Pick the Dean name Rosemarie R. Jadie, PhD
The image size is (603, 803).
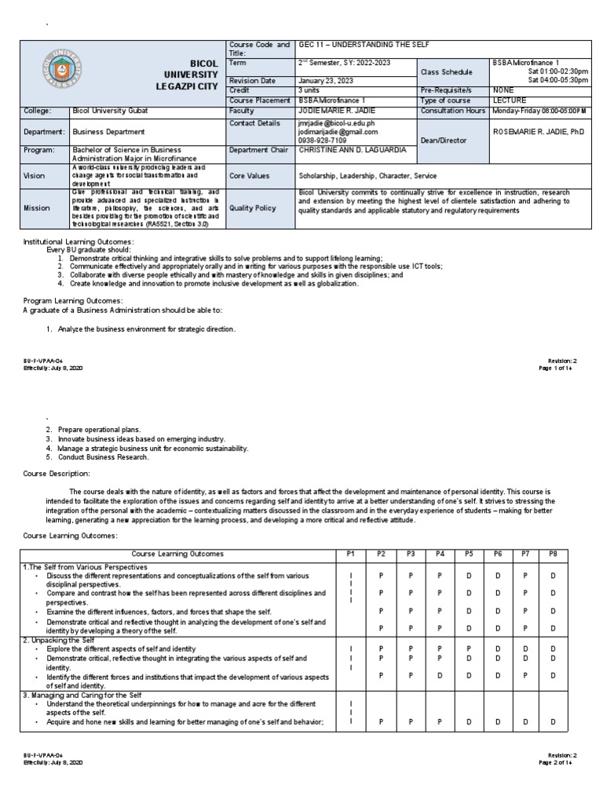pos(537,132)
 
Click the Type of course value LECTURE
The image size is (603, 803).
pos(510,101)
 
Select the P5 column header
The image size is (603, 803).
pos(469,554)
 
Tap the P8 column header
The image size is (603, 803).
pos(553,554)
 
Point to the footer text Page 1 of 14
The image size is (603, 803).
pos(556,368)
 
